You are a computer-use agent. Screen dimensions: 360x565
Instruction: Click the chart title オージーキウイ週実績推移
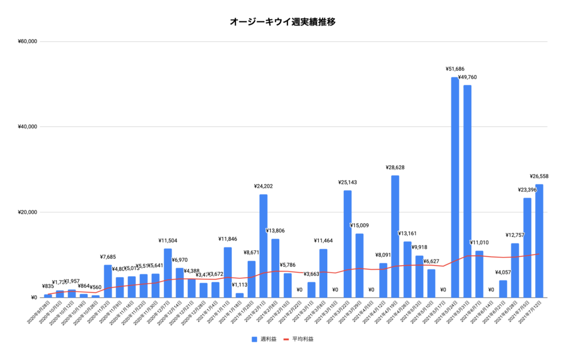pos(282,22)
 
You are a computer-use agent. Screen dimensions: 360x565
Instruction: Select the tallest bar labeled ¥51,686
pos(455,188)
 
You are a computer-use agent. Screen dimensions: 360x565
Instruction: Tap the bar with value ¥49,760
pos(467,191)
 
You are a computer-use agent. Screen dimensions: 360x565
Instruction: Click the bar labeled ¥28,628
pos(395,236)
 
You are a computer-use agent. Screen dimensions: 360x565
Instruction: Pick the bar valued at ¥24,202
pos(263,246)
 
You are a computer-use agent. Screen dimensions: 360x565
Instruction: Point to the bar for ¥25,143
pos(348,244)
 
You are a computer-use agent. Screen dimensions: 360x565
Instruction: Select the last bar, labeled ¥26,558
pos(539,241)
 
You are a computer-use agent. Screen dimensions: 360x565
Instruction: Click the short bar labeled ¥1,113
pos(239,295)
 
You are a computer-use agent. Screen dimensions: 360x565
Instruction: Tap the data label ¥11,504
pos(168,241)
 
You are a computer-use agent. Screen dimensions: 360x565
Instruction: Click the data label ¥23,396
pos(527,190)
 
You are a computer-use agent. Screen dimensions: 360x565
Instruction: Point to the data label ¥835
pos(48,287)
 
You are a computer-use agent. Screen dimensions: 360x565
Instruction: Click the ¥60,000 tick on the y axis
pos(27,41)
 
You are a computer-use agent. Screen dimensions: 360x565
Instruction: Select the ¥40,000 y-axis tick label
pos(27,127)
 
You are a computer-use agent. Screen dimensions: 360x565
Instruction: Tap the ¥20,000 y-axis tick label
pos(27,213)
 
